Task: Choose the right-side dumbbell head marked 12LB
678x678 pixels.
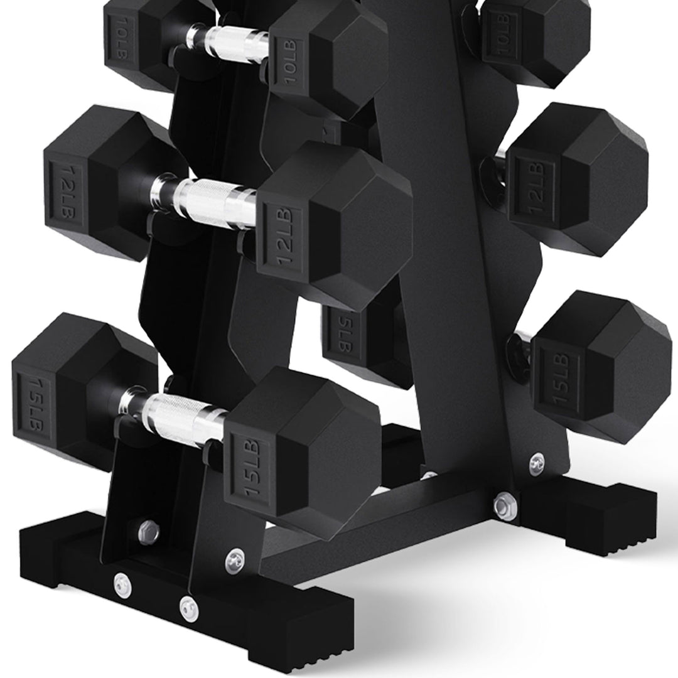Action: [578, 179]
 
